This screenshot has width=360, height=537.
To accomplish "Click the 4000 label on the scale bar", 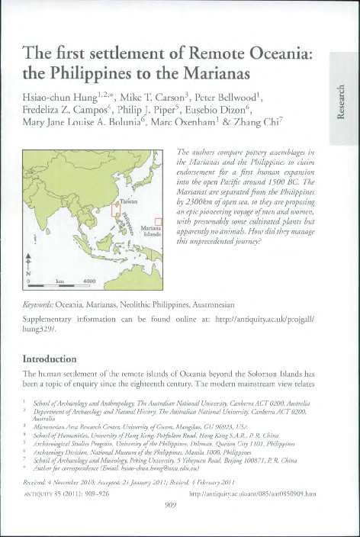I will coord(89,281).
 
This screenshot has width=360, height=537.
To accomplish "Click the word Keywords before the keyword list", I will coord(42,305).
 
